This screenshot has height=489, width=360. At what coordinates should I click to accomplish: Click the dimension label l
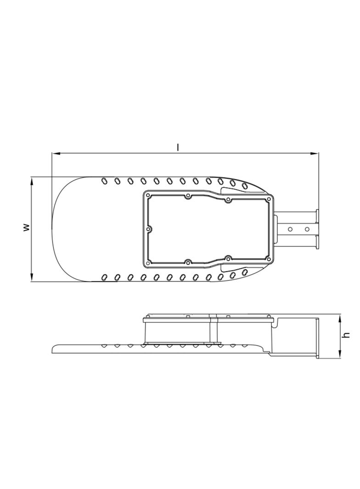(178, 147)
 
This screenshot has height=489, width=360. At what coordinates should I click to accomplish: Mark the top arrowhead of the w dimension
(32, 181)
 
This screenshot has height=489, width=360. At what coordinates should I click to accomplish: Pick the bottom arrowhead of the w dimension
(32, 278)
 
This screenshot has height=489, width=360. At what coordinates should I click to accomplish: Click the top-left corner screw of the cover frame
(148, 196)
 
